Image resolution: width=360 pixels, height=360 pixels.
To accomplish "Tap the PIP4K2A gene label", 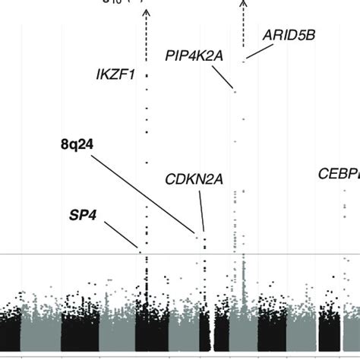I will click(193, 55).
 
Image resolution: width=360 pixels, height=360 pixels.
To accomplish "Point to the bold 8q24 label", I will click(77, 142).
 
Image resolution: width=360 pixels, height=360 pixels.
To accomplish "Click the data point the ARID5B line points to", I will click(243, 61).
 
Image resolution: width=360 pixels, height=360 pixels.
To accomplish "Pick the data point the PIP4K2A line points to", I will click(235, 92).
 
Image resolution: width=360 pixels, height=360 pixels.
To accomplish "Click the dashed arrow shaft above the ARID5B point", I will click(243, 30).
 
